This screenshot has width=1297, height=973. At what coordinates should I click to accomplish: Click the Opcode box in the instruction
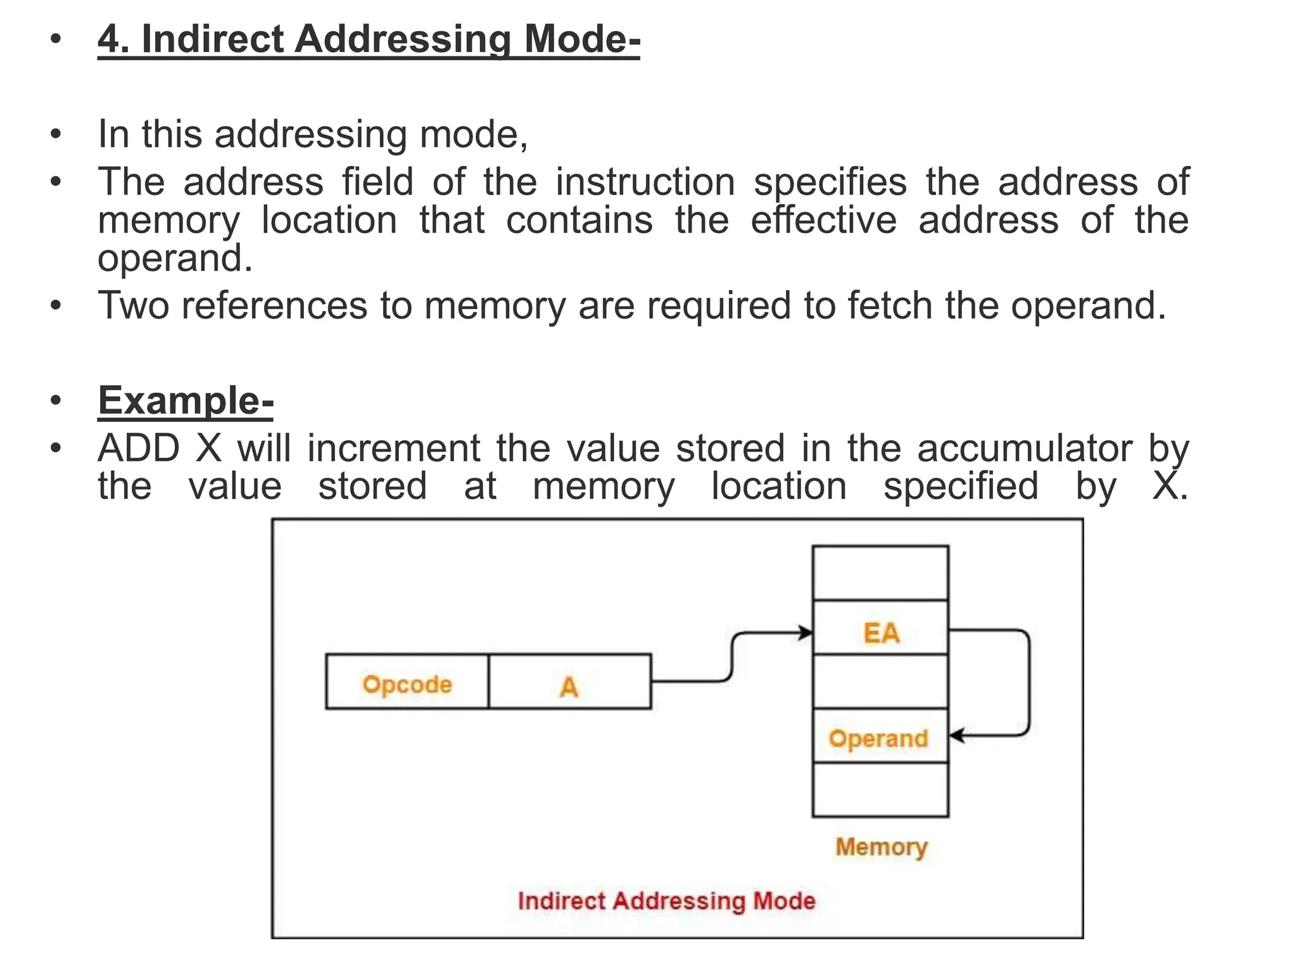[407, 682]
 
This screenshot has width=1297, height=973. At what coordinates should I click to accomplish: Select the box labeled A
[569, 682]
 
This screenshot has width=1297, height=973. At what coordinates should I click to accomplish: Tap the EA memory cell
[880, 628]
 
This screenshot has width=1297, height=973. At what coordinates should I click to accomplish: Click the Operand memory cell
[880, 736]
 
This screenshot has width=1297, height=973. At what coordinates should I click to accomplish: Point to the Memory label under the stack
[881, 846]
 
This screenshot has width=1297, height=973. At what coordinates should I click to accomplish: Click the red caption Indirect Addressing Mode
[666, 901]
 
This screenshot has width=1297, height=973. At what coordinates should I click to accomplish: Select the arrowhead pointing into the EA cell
[806, 632]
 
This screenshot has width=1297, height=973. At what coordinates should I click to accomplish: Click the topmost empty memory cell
[880, 573]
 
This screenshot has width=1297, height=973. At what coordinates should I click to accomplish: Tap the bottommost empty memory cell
[880, 790]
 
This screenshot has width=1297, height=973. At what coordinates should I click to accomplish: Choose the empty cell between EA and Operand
[880, 682]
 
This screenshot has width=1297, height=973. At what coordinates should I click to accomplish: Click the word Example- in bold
[186, 401]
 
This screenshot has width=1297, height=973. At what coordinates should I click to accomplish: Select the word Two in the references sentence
[134, 305]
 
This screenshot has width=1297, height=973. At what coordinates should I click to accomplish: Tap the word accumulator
[1024, 448]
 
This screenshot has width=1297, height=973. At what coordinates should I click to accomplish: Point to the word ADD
[139, 448]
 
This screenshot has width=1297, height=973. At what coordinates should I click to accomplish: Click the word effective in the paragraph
[823, 220]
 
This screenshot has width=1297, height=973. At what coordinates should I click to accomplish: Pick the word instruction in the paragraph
[645, 182]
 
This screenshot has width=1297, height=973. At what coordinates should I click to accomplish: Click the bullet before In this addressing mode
[56, 134]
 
